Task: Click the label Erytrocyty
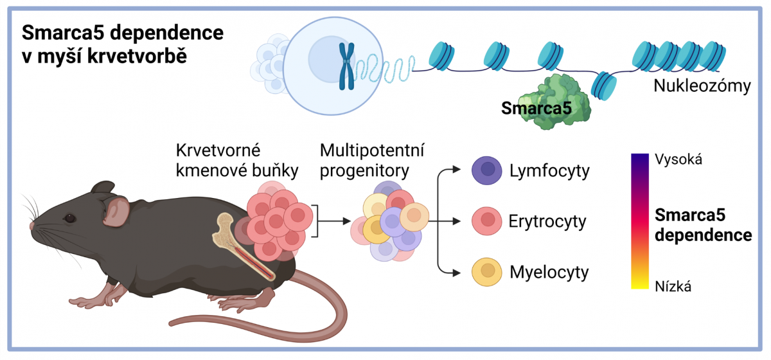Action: point(547,222)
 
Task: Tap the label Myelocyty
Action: point(549,273)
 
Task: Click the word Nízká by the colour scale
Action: point(673,287)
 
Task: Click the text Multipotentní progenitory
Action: point(363,160)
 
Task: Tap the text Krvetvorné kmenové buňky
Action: point(218,160)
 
